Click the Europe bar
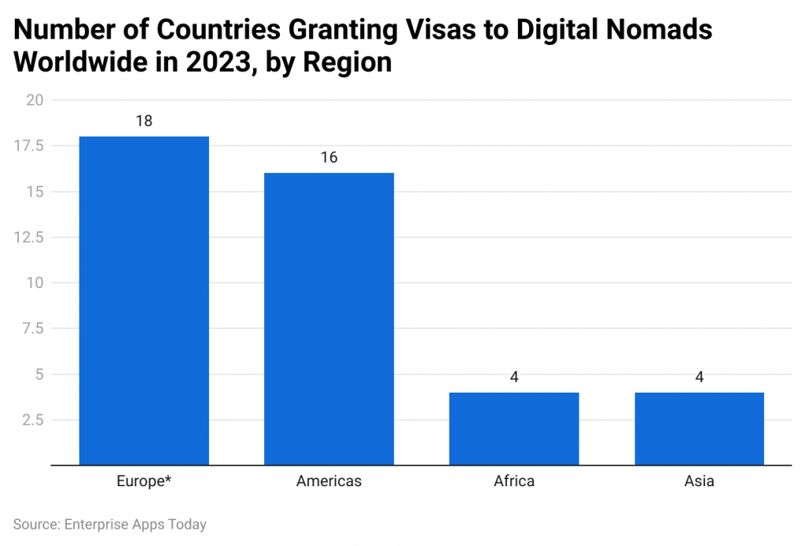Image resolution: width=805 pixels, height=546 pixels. (144, 301)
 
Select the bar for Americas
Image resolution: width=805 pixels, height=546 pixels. (329, 319)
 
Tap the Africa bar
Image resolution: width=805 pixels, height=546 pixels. (514, 428)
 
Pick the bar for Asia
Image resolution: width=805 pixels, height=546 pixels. (699, 428)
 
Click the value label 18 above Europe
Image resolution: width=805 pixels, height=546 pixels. (144, 121)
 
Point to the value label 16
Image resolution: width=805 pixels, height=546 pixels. (329, 157)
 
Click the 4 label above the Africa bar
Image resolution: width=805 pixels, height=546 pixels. (514, 377)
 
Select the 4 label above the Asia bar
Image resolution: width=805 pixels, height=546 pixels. (699, 377)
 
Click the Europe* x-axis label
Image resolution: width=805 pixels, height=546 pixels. (144, 481)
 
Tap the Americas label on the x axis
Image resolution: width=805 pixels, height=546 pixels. (329, 481)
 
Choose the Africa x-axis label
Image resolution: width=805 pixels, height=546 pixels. (514, 481)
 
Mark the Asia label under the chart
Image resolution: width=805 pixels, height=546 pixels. (699, 481)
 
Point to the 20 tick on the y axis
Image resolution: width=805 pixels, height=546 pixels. (35, 100)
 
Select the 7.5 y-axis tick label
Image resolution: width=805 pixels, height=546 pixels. (33, 328)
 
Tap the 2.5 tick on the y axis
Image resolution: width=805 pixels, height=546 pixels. (33, 419)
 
